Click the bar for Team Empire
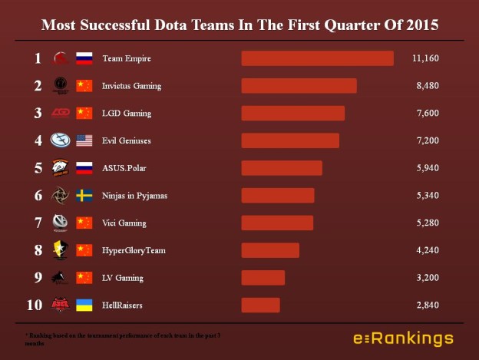pos(317,58)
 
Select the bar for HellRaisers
pos(260,306)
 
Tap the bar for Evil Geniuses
pos(290,140)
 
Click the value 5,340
pos(426,196)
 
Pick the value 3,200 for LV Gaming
pos(426,278)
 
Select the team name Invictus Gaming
pos(131,86)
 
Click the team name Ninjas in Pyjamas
pos(134,196)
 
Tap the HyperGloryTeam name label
pos(134,250)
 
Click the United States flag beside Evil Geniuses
pos(84,140)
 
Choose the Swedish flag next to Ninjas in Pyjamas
pos(84,196)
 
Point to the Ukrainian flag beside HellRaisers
pos(84,306)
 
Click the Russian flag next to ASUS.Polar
pos(84,168)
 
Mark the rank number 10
pos(35,306)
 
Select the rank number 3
pos(38,113)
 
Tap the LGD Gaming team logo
pos(60,113)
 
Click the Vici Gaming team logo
pos(60,223)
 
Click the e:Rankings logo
pos(402,339)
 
